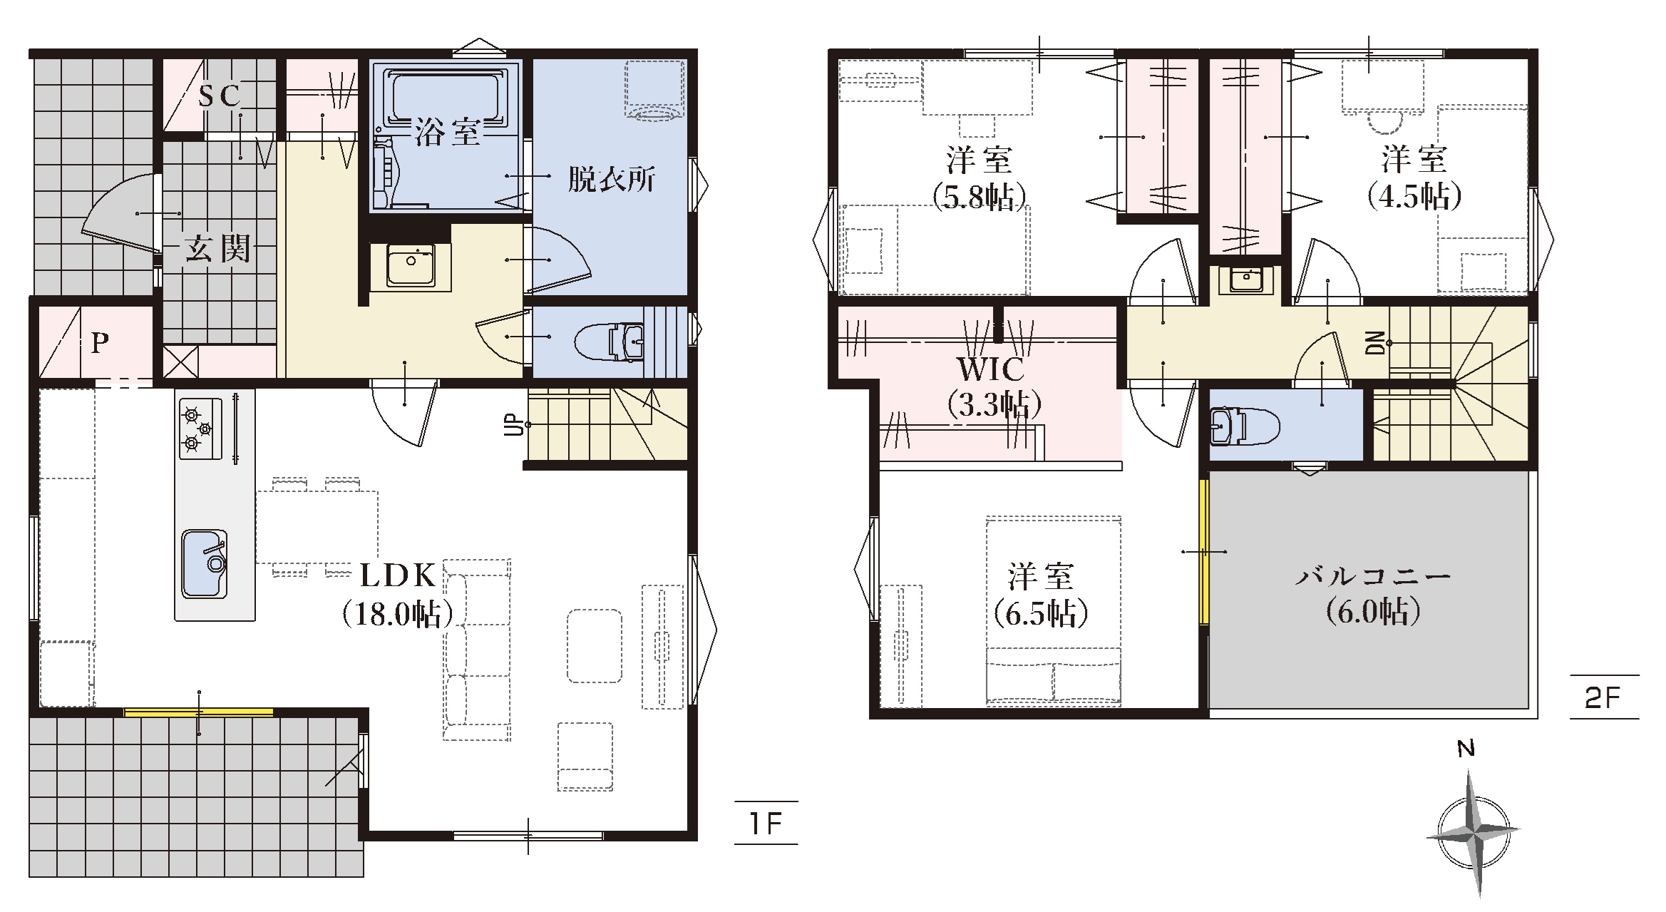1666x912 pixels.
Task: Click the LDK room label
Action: (398, 575)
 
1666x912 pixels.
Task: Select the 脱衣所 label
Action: (611, 180)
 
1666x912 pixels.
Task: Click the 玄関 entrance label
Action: (217, 249)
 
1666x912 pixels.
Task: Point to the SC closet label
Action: (219, 96)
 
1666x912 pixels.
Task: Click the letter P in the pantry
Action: (100, 344)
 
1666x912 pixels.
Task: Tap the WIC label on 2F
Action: (992, 369)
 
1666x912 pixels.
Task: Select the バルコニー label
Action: (1373, 576)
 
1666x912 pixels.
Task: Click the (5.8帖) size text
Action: (979, 196)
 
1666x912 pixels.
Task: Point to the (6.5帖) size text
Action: (1041, 613)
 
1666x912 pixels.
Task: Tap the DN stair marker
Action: (1377, 343)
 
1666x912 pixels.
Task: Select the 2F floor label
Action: (1604, 697)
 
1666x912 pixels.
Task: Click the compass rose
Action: (1472, 832)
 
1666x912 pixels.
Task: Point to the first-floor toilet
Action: (610, 342)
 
